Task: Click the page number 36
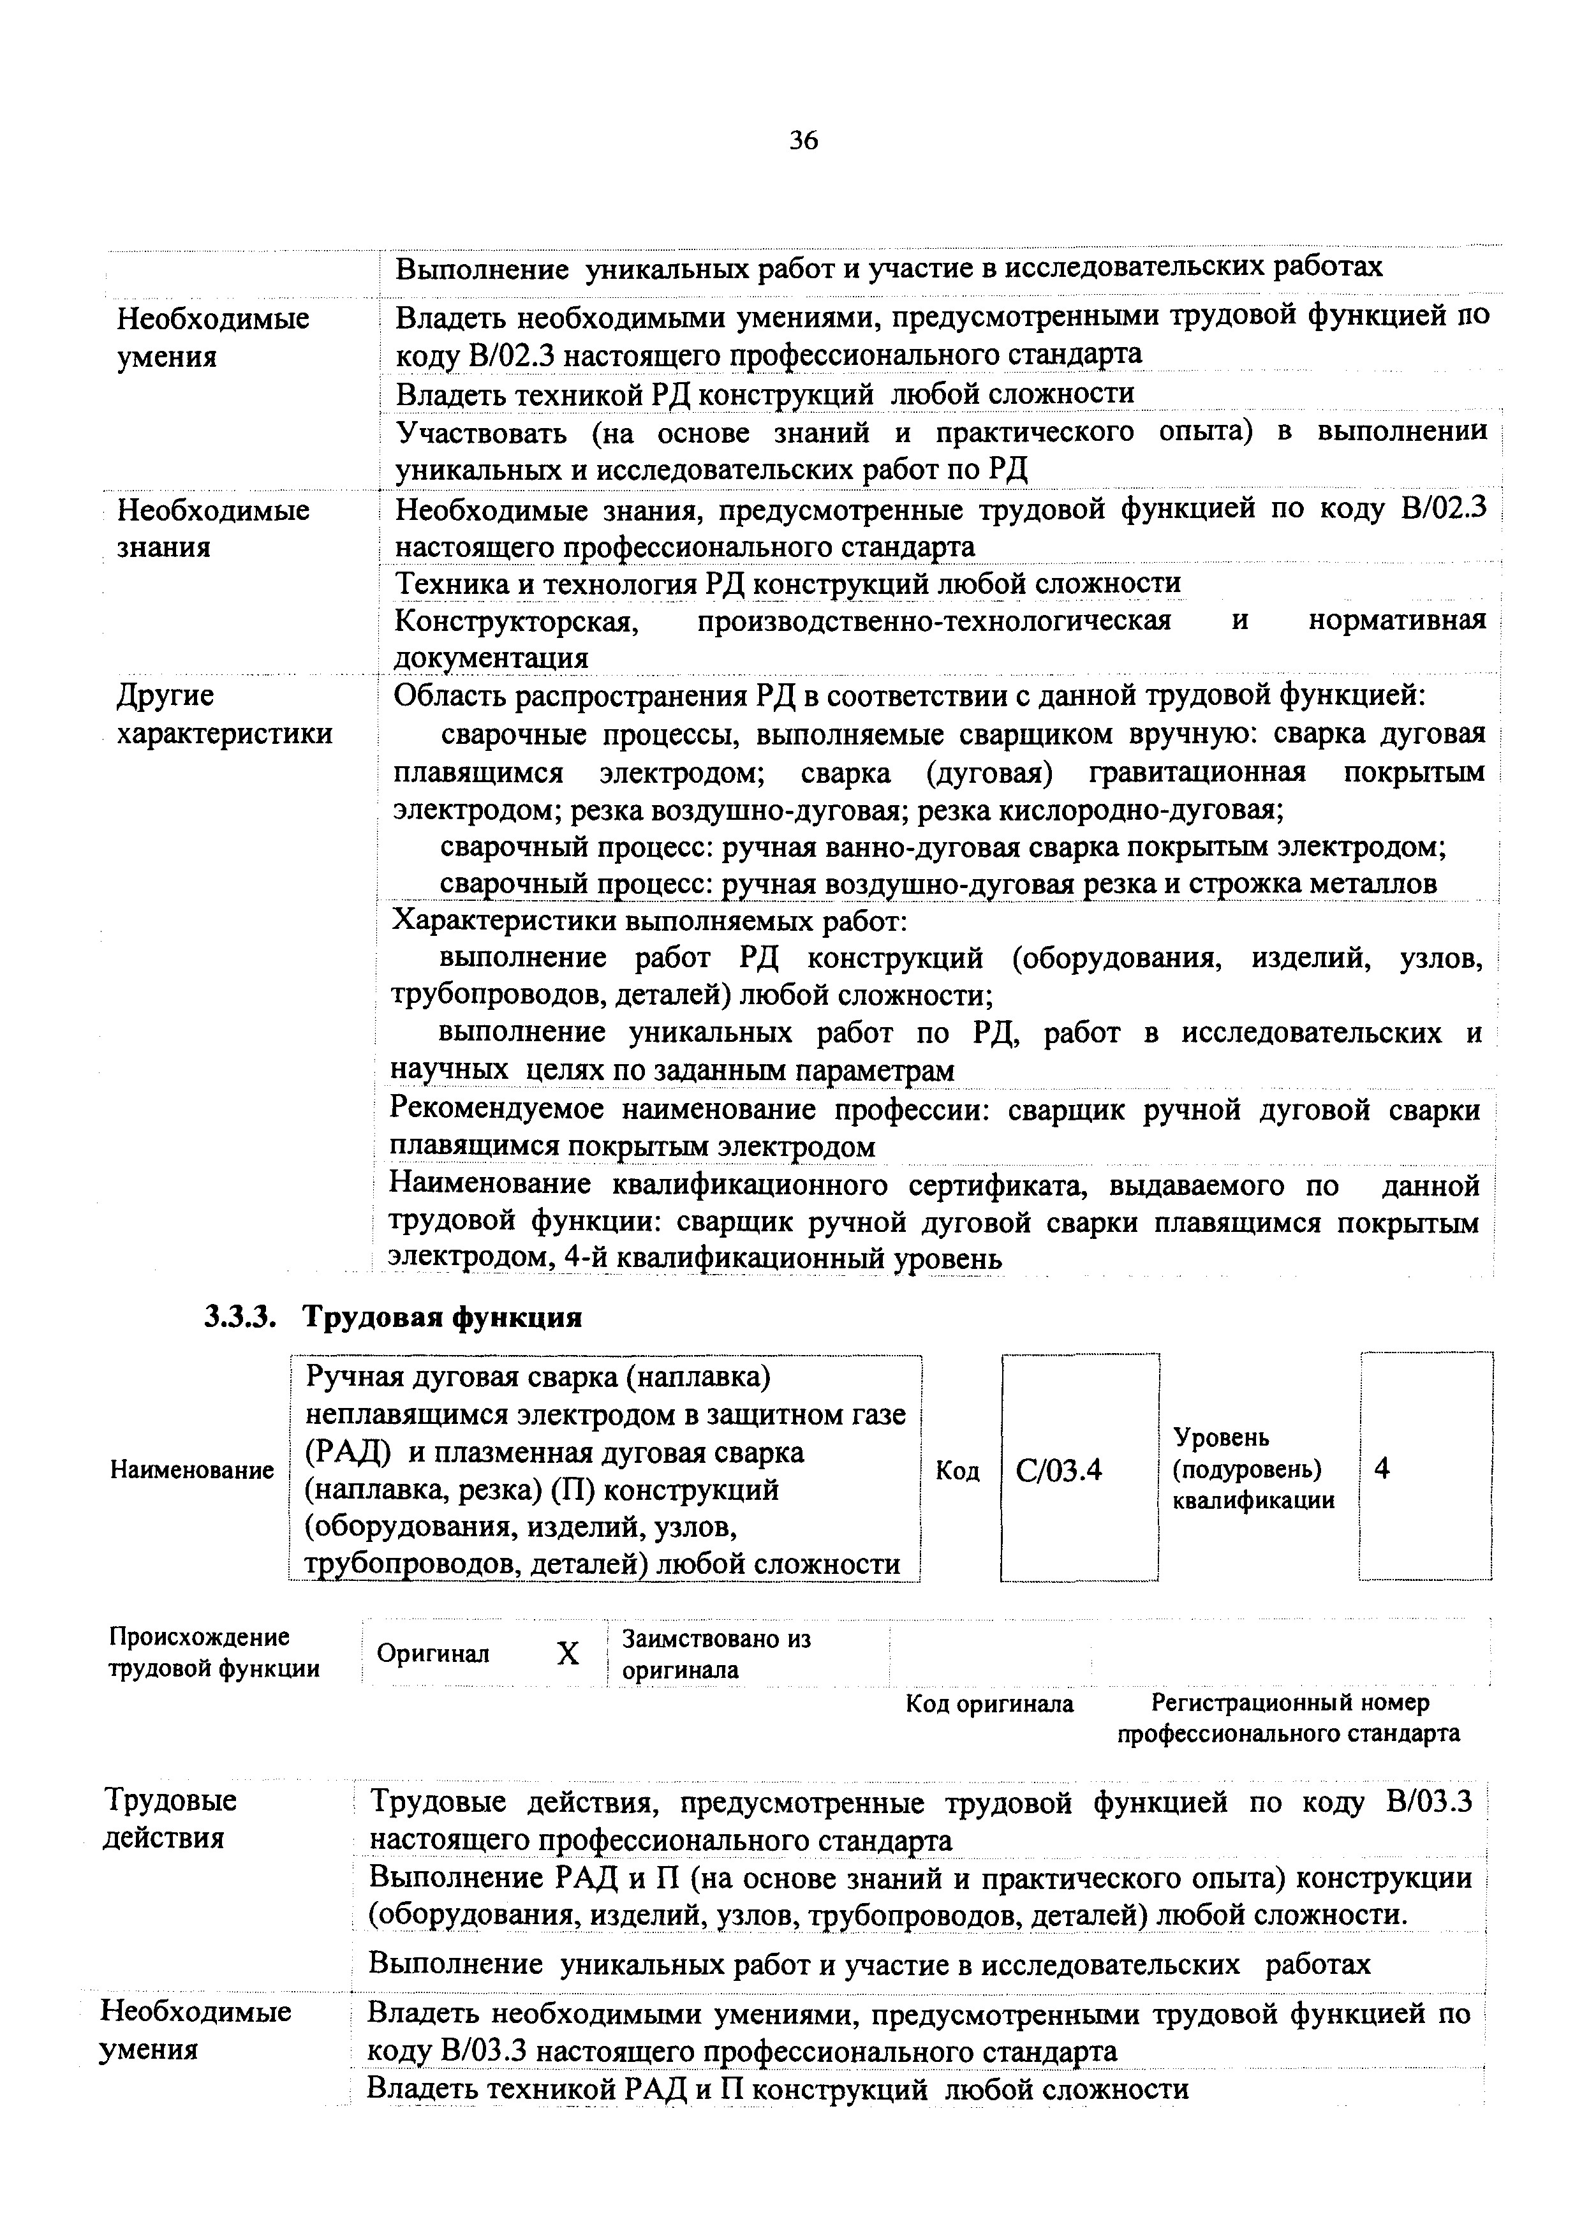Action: [x=803, y=142]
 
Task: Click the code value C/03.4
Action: [x=1058, y=1470]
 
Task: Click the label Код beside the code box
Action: [x=957, y=1470]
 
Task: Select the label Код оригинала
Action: [x=989, y=1703]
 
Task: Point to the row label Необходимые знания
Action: [x=212, y=528]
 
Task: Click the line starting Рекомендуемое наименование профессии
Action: [x=934, y=1110]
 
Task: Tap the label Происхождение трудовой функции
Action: [x=212, y=1652]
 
